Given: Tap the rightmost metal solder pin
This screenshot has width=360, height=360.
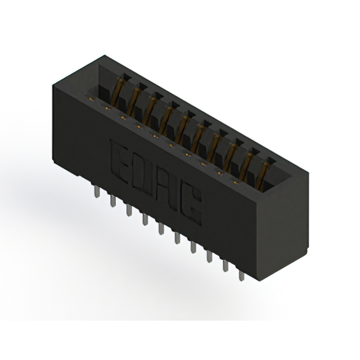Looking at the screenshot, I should (241, 274).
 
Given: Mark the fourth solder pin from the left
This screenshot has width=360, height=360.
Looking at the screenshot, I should (145, 219).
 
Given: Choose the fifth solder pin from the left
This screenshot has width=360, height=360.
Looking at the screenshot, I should (161, 228).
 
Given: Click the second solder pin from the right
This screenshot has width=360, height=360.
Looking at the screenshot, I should (226, 265).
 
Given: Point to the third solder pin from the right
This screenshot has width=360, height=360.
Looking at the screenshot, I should (209, 256).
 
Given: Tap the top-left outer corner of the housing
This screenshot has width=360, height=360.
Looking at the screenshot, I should (52, 84).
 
